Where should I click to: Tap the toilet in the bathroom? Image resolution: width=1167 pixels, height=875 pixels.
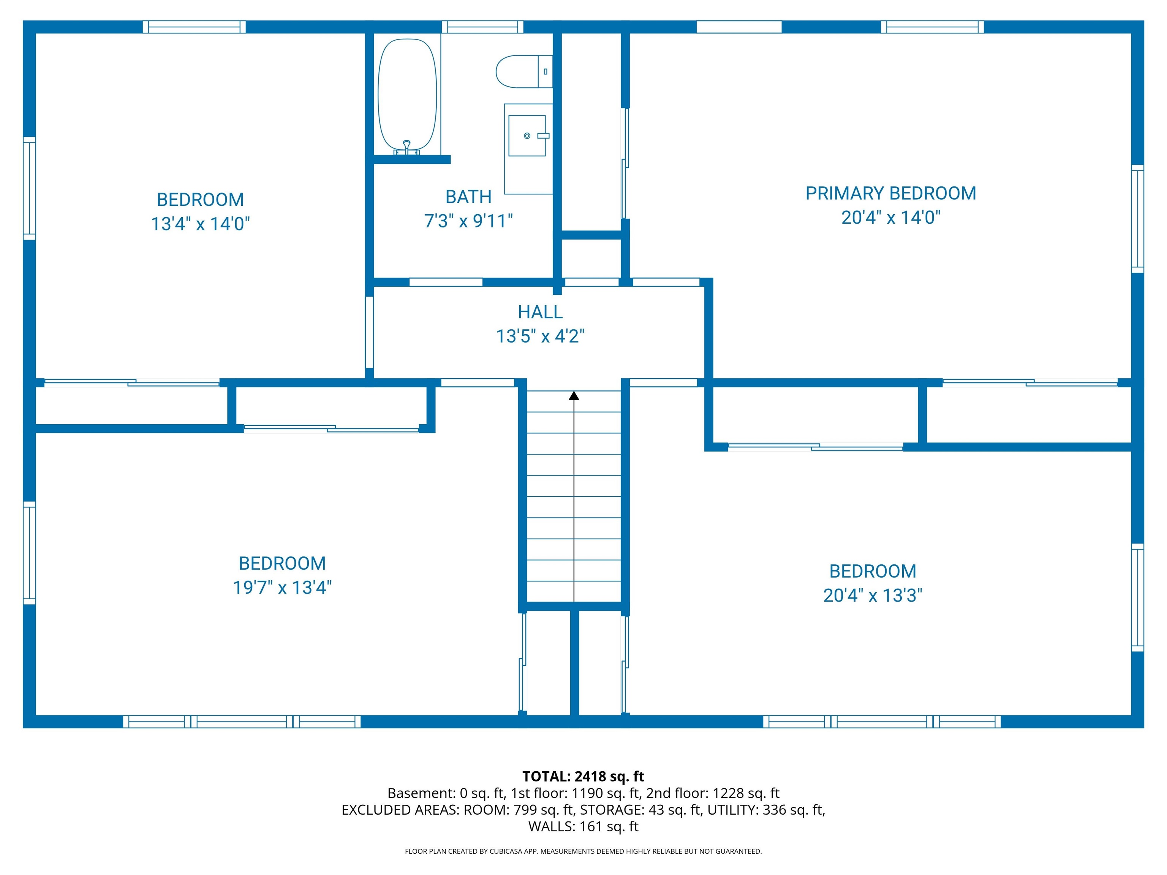point(524,71)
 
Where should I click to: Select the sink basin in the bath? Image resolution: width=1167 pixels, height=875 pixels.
point(527,136)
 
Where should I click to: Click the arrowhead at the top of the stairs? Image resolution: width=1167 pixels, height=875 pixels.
point(574,395)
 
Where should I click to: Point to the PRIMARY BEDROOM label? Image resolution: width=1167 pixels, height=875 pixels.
point(890,194)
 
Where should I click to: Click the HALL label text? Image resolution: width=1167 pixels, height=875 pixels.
point(540,312)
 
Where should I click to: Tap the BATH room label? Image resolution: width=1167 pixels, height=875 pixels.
point(468,197)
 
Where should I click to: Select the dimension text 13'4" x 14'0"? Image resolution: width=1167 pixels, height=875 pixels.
point(201,224)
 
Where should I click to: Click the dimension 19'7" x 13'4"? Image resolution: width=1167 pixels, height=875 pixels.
point(282,587)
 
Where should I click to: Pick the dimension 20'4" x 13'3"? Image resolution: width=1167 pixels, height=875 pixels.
point(873,595)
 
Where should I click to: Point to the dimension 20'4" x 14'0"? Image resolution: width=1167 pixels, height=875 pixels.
point(890,217)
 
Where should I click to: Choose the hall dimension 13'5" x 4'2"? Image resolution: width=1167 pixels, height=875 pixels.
point(540,336)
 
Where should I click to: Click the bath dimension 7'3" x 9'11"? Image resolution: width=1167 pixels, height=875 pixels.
point(468,221)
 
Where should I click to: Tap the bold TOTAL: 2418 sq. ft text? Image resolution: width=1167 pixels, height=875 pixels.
point(583,776)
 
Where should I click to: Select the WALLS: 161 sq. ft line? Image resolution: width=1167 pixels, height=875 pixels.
point(583,826)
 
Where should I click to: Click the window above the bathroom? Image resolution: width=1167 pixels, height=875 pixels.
point(482,26)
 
